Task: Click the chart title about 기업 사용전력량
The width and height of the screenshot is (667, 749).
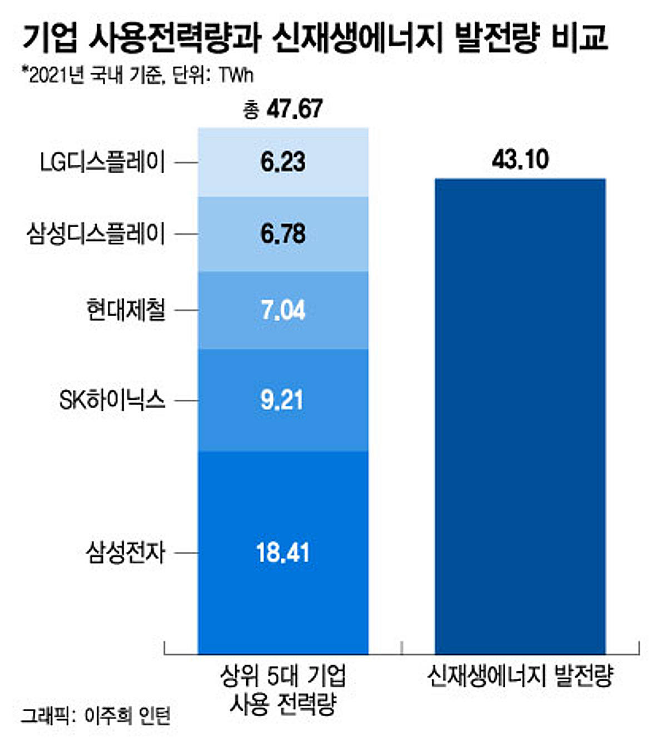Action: [315, 38]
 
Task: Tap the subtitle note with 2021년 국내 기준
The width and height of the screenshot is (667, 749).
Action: [138, 75]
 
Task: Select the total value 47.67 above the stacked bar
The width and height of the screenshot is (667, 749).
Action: [283, 109]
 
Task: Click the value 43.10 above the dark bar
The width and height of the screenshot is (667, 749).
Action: [520, 160]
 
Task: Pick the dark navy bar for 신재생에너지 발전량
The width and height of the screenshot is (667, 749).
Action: [520, 416]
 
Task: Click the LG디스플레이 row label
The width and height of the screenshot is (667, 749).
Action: [103, 162]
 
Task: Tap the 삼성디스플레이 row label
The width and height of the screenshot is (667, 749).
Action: [96, 234]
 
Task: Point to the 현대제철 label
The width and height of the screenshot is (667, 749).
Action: [126, 310]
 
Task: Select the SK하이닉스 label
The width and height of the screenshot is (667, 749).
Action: [112, 400]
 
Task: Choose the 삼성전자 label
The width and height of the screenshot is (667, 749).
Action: [126, 552]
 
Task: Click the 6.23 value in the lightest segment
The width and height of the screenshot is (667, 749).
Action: [283, 162]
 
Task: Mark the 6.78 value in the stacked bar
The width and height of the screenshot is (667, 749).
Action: [283, 234]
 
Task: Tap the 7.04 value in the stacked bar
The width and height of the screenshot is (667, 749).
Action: [283, 310]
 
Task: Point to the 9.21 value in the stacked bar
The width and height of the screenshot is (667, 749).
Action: [282, 400]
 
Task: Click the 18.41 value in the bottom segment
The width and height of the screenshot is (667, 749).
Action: [282, 552]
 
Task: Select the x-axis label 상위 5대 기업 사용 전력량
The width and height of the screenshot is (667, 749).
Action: [283, 690]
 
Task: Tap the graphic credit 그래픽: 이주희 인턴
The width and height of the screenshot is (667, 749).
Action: [96, 716]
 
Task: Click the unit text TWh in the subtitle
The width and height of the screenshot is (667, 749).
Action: [236, 75]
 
